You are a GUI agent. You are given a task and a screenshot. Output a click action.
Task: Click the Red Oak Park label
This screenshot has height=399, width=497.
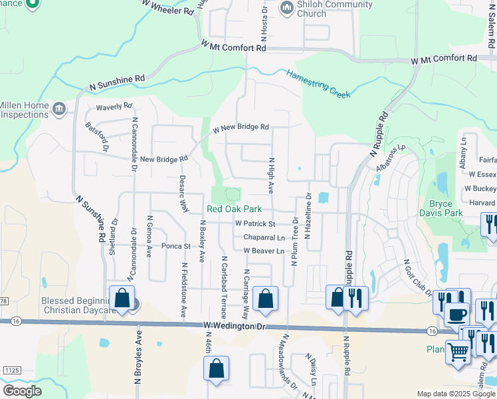[x=233, y=209]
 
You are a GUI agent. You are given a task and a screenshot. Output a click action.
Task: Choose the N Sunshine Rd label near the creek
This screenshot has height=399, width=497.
[x=117, y=82]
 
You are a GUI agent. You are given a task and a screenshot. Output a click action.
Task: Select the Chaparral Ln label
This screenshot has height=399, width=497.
[x=264, y=237]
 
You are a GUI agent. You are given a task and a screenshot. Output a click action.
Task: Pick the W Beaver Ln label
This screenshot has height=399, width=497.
[x=264, y=251]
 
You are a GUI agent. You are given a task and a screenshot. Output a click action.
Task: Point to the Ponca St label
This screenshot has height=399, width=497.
[x=175, y=246]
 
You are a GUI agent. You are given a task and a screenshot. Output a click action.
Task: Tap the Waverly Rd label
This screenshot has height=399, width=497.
[x=114, y=106]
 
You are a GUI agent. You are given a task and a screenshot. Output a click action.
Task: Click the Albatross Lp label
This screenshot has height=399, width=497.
[x=390, y=158]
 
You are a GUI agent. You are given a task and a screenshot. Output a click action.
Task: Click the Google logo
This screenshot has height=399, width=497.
[x=23, y=391]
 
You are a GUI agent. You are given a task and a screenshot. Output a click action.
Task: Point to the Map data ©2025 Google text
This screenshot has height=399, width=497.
[x=455, y=394]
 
